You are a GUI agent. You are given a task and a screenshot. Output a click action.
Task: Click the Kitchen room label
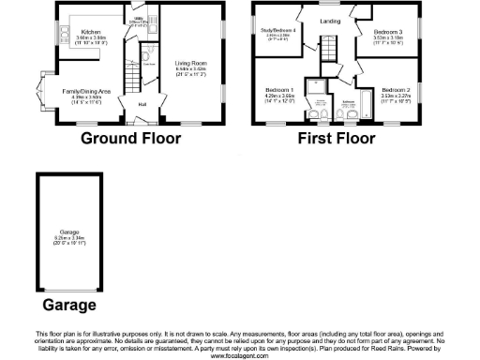pyautogui.click(x=92, y=31)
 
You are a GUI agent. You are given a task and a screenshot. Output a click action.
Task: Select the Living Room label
pyautogui.click(x=190, y=64)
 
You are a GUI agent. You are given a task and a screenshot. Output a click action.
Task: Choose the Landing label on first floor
pyautogui.click(x=329, y=20)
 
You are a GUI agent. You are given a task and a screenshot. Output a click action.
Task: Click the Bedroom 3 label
pyautogui.click(x=387, y=32)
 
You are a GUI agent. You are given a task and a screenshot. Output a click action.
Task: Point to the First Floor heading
pyautogui.click(x=337, y=141)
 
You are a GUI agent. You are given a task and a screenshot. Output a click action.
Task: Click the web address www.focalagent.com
pyautogui.click(x=240, y=354)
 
